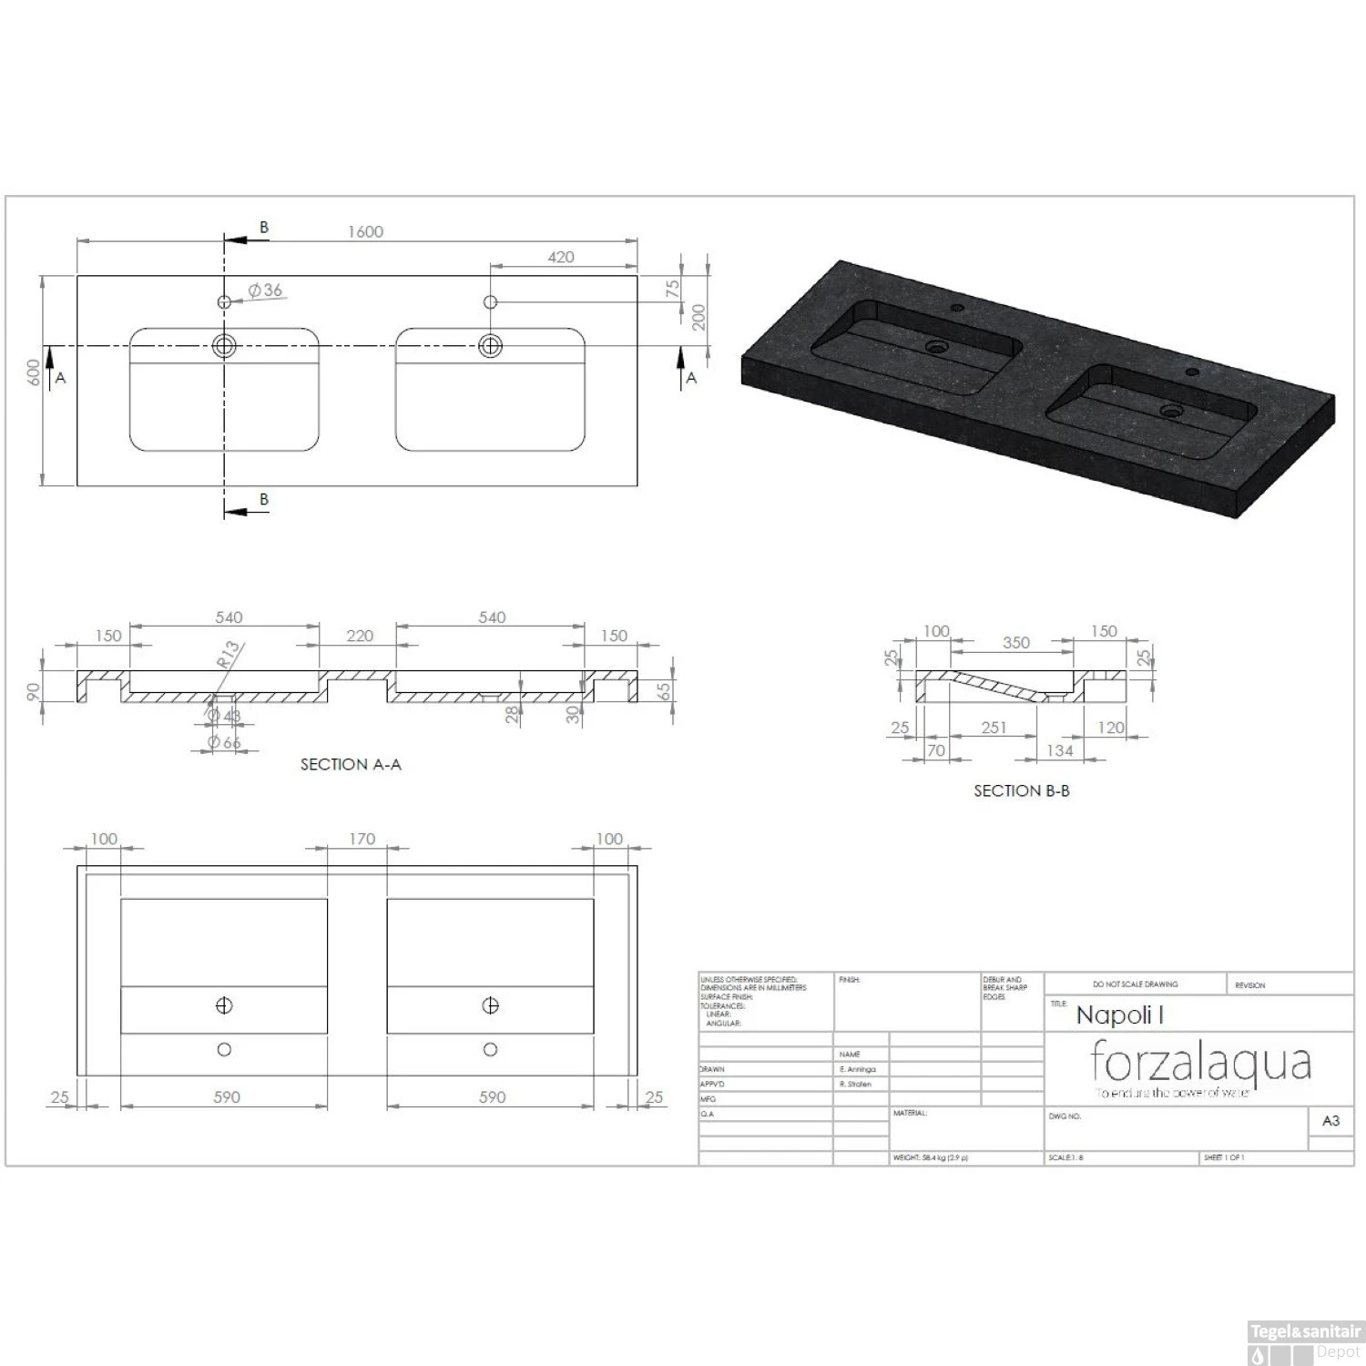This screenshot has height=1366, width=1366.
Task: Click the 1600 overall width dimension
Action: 365,231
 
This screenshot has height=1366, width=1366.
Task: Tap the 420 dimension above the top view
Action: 561,257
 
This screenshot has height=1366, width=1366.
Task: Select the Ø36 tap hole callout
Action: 266,291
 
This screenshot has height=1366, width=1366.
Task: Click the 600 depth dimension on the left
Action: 34,373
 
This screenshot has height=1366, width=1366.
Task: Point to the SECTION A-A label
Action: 351,764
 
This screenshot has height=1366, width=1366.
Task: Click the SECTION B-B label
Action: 1021,790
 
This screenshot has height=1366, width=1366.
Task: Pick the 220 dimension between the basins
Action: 360,636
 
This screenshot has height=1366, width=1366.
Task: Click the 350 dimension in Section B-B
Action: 1015,642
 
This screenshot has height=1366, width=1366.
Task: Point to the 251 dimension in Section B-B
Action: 994,727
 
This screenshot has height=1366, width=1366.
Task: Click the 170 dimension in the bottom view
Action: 362,839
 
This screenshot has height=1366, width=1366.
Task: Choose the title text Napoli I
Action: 1119,1015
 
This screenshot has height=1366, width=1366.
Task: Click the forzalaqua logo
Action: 1200,1065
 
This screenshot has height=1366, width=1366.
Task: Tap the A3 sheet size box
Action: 1330,1120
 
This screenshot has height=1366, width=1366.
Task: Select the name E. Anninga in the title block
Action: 857,1069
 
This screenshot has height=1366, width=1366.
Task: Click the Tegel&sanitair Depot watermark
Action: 1305,1341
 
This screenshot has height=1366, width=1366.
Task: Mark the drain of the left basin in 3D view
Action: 936,347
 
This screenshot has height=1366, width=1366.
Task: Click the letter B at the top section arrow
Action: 264,228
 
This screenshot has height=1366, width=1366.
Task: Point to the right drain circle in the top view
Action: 490,345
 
